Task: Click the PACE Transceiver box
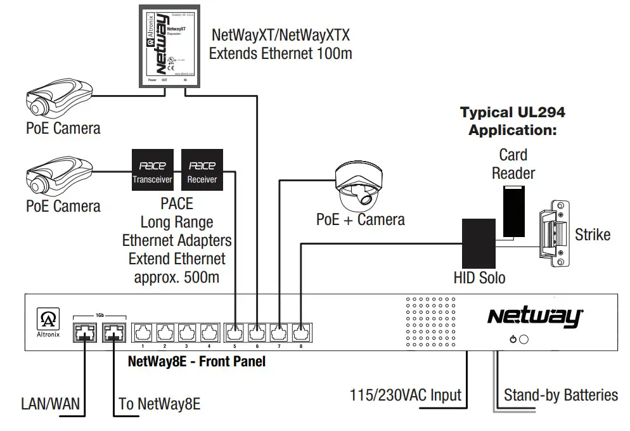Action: [x=152, y=170]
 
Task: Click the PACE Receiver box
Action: [x=202, y=170]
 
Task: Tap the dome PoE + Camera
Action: [x=359, y=185]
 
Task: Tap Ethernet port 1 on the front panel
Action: [x=143, y=332]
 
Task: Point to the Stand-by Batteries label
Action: [x=560, y=396]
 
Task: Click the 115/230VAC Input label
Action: [x=406, y=396]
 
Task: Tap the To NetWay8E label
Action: [x=159, y=403]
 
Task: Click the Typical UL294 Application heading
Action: [x=512, y=122]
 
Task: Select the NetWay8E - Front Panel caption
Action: [x=196, y=363]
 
